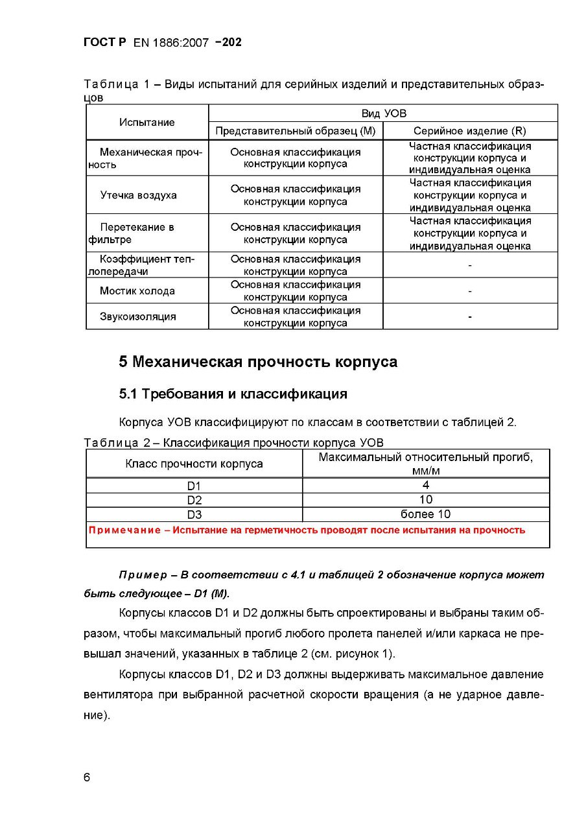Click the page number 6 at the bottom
pos(88,777)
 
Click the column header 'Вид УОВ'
pos(384,113)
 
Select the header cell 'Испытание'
pos(146,122)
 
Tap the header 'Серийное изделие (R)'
pos(470,131)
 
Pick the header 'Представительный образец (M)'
pos(295,131)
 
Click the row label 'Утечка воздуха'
pos(138,195)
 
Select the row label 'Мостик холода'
pos(137,291)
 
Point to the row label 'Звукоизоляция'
pos(138,317)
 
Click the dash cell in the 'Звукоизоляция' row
pos(470,317)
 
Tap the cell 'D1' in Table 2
pos(194,486)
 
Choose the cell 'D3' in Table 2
pos(194,515)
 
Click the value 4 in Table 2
pos(425,485)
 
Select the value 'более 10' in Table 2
pos(425,514)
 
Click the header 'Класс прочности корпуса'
pos(194,464)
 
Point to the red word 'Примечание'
pos(124,530)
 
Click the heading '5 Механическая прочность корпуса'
pos(258,362)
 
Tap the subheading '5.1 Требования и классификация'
pos(233,394)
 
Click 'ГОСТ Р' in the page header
pos(105,43)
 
